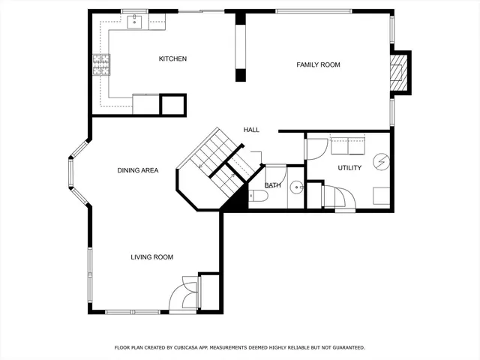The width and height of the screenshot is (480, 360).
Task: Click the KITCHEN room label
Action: tap(172, 59)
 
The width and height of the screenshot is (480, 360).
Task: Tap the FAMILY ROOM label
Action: tap(318, 65)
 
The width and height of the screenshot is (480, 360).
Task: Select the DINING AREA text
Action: tap(137, 170)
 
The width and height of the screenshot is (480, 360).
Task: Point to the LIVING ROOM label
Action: tap(151, 257)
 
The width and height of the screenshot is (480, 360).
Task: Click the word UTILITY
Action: tap(349, 168)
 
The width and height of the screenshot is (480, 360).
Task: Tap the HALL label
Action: tap(251, 130)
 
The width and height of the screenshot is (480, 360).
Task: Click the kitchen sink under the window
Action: tap(135, 22)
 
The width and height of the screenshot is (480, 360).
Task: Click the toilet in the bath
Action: tap(258, 196)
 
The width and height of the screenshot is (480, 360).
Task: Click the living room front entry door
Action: tap(184, 294)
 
